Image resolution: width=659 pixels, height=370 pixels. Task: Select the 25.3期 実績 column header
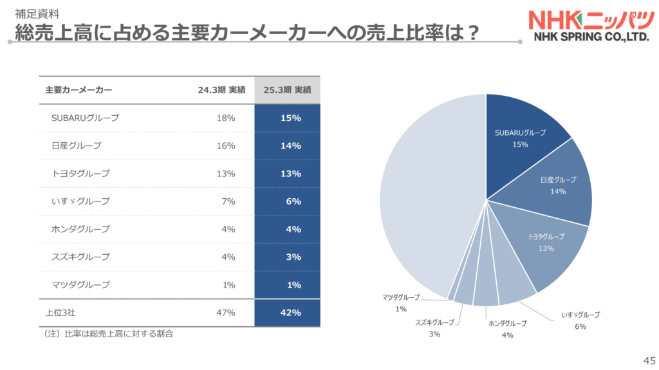287,90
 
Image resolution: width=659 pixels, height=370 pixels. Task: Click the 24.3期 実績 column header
221,90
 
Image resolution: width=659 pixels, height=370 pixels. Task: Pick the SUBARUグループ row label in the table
85,118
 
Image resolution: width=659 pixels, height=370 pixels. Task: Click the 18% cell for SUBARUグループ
226,118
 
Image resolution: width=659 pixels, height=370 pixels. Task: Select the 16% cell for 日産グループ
226,145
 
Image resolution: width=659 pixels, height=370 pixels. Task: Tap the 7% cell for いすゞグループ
228,201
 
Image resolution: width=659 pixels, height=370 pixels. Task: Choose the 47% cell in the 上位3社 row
226,313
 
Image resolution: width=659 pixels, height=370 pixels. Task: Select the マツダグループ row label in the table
80,284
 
